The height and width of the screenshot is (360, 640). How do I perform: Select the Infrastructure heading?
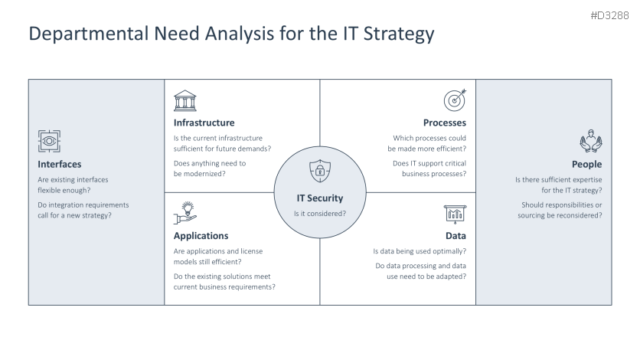204,123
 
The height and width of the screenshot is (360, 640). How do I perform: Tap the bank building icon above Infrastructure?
184,100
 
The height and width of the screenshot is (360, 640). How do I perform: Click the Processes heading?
444,123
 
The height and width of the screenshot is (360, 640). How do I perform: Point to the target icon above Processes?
455,100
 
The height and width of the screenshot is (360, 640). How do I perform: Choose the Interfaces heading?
60,164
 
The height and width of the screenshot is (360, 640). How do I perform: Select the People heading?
586,164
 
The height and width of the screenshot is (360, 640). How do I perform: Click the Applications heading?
201,236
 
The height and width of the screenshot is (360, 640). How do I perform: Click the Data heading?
456,236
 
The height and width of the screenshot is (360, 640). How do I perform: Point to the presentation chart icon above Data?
455,214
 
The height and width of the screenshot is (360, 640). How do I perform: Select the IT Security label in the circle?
320,198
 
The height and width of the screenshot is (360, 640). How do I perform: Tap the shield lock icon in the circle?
320,171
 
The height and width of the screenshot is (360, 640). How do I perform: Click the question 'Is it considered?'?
320,213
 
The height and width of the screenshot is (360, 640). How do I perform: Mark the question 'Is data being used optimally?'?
420,251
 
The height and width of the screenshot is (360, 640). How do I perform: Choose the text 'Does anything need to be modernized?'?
210,169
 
